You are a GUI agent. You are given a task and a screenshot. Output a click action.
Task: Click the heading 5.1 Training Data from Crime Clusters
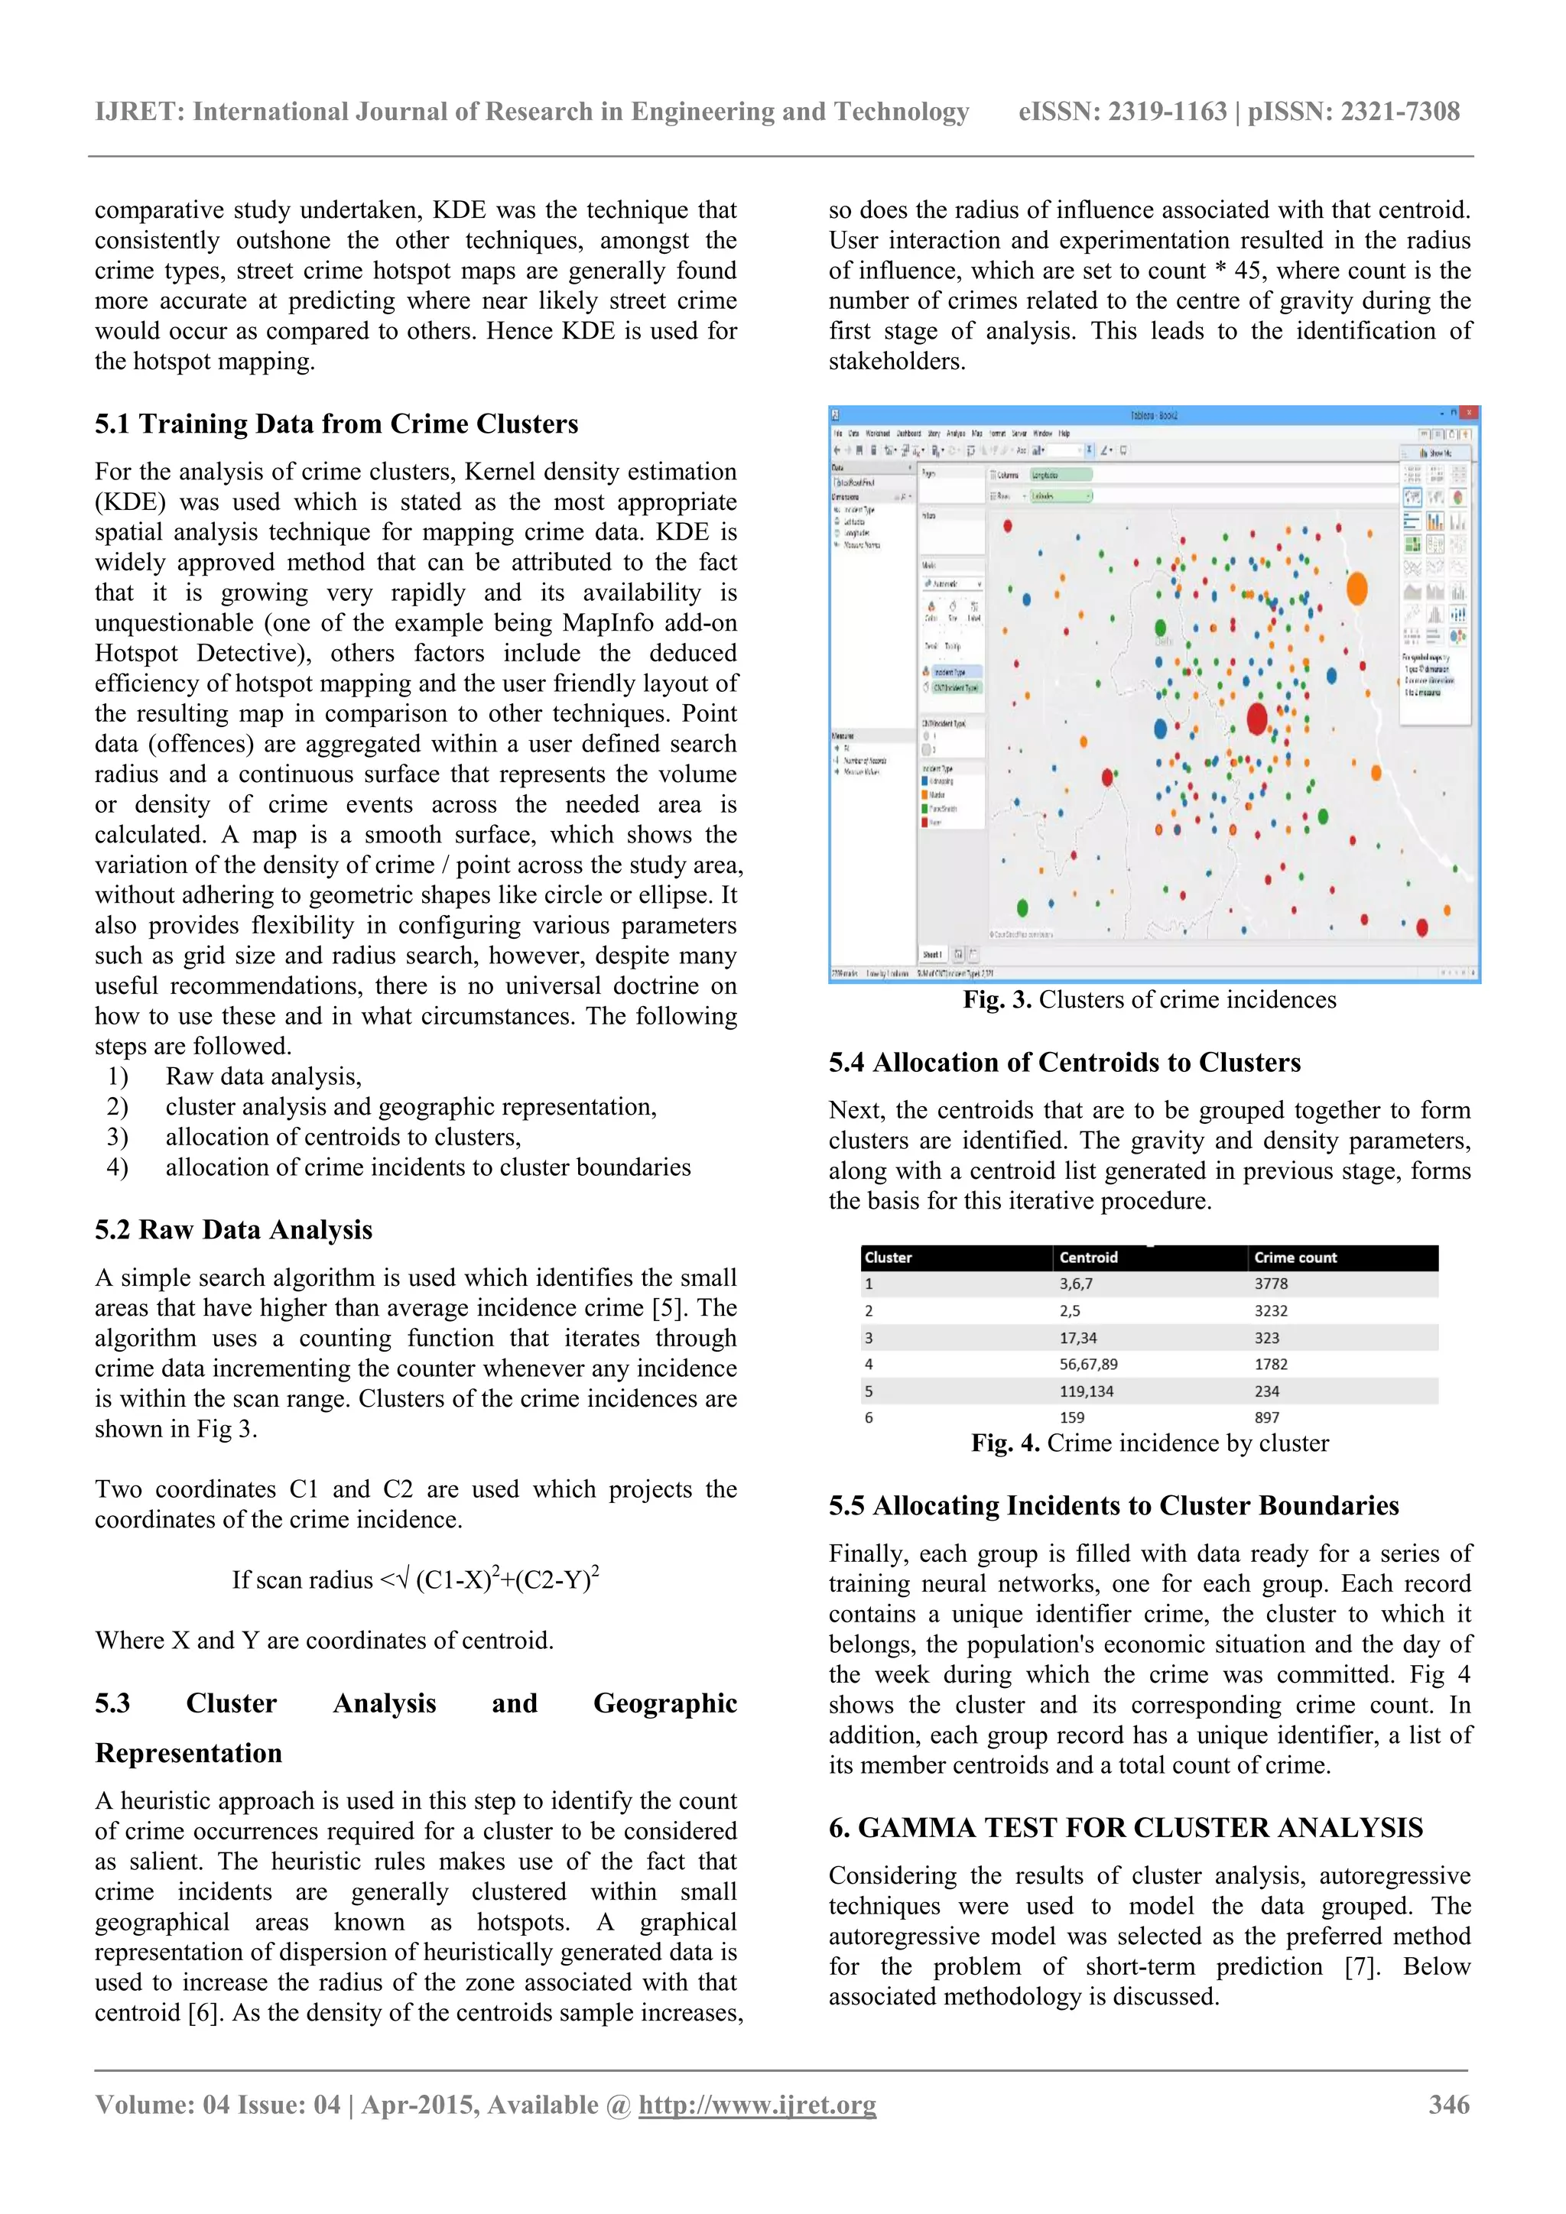(x=336, y=424)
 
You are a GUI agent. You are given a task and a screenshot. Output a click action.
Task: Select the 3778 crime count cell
(x=1271, y=1284)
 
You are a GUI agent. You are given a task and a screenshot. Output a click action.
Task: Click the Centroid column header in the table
(x=1088, y=1258)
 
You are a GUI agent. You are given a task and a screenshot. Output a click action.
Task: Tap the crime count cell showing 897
(x=1266, y=1417)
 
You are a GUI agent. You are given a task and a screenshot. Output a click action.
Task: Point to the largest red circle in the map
(x=1256, y=719)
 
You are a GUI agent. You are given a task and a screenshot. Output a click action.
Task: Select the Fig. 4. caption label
(x=1005, y=1443)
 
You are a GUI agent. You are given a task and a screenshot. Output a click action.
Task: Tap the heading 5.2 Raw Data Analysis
(x=233, y=1229)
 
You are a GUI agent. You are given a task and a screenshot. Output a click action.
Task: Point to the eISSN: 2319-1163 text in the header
(x=1123, y=112)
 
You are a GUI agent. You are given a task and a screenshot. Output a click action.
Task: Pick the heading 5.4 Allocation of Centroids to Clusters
(x=1064, y=1063)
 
